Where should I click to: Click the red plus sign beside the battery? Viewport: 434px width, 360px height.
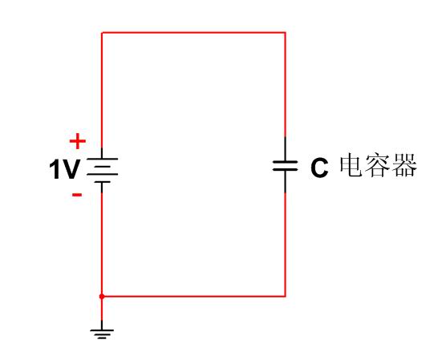click(78, 141)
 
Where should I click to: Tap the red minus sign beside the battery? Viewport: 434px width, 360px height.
click(77, 195)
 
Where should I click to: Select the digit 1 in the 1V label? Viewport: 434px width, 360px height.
click(55, 169)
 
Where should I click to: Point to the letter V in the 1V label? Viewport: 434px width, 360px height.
click(71, 169)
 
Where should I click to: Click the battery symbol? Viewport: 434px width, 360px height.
click(102, 170)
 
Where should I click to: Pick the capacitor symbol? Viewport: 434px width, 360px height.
click(285, 165)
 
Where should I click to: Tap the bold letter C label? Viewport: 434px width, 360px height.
click(319, 168)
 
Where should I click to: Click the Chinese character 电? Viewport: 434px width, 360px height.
click(351, 165)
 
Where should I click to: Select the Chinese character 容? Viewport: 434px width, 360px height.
click(378, 165)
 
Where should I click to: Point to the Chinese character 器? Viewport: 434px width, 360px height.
click(404, 165)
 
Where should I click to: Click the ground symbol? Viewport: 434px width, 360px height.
click(102, 330)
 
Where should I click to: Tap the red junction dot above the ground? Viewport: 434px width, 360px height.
click(102, 297)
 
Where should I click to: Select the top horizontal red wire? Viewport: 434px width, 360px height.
click(193, 33)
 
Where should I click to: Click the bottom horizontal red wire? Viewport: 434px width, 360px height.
click(193, 297)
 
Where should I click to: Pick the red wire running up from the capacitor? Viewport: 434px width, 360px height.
click(285, 85)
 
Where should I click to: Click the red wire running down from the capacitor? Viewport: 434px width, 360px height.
click(285, 245)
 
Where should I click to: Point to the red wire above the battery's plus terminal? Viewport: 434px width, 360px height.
click(102, 91)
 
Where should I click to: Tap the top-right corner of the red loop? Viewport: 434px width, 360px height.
click(285, 33)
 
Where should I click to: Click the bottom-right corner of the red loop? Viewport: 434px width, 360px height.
click(285, 297)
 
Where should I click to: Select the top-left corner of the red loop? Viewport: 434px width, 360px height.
click(102, 33)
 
